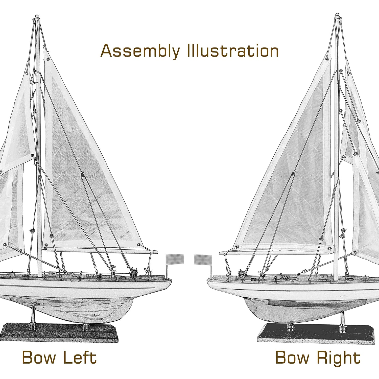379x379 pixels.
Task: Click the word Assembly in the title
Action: pos(140,51)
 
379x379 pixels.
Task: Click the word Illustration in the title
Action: pos(233,51)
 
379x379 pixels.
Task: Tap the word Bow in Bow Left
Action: pos(39,357)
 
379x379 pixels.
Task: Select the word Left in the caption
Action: pos(80,357)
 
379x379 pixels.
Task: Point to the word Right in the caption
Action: pos(339,358)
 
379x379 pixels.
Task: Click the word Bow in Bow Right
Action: pos(292,357)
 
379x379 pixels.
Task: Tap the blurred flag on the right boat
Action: pos(202,260)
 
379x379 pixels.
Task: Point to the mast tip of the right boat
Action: pos(337,15)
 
